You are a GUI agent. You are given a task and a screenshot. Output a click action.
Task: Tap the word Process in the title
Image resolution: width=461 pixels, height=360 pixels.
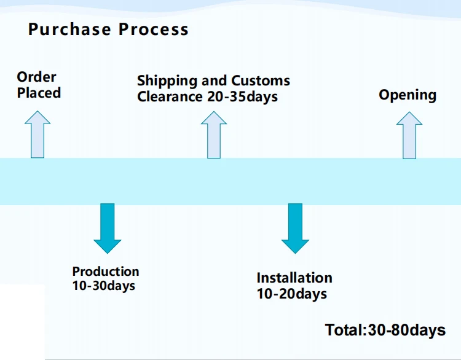(154, 29)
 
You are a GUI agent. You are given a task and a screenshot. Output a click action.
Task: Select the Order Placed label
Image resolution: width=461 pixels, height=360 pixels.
(39, 85)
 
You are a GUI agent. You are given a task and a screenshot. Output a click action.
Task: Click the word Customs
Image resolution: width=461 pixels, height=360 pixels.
(260, 80)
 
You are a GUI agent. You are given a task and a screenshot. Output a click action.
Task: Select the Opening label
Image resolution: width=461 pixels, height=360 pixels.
(408, 95)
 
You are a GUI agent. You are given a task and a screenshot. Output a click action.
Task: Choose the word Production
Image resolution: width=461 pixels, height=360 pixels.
(106, 271)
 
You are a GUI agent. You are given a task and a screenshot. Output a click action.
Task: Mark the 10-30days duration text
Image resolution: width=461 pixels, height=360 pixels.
(104, 286)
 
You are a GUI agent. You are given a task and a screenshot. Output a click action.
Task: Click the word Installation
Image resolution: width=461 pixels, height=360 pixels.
(294, 278)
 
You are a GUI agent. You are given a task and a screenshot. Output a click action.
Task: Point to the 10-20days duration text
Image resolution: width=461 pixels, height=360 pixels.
(292, 294)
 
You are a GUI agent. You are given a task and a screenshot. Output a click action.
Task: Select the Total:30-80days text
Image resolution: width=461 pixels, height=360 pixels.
(385, 330)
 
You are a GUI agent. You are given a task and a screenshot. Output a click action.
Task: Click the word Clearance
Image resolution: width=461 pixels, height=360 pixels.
(170, 96)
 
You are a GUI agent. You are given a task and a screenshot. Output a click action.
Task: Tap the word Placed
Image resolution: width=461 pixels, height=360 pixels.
(39, 93)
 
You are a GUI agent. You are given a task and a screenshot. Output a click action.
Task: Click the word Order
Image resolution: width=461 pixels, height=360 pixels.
(36, 77)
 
